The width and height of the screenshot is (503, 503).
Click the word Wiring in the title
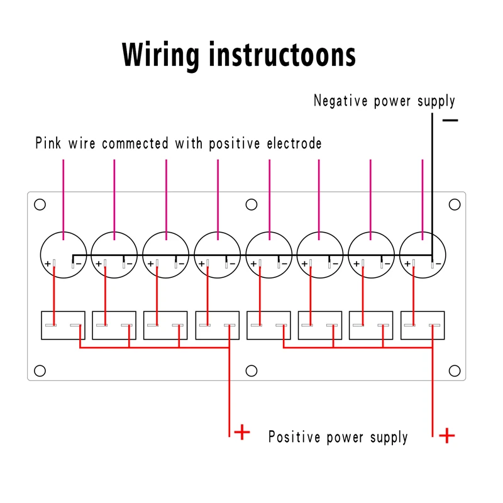coord(160,55)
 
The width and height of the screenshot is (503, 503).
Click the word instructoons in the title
coord(283,55)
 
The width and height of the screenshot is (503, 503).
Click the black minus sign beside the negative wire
coord(450,119)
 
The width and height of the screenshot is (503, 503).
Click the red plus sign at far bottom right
coord(446,435)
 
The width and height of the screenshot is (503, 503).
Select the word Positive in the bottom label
coord(294,436)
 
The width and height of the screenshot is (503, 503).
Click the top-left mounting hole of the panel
coord(40,204)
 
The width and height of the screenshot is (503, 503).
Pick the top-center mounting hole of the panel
coord(251,204)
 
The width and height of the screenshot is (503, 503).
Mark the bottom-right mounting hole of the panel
coord(455,370)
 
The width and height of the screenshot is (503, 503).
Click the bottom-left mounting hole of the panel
coord(40,370)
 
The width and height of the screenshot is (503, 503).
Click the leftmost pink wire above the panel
coord(63,189)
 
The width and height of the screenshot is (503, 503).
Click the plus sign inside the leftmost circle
coord(47,264)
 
